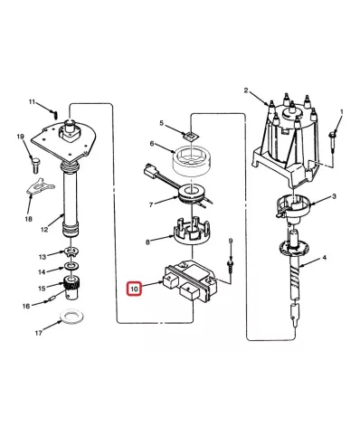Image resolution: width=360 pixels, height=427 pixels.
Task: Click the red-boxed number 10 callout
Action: click(x=134, y=289)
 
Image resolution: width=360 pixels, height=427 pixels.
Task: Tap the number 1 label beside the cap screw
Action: click(x=342, y=112)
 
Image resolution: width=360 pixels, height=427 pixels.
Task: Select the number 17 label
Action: click(x=39, y=333)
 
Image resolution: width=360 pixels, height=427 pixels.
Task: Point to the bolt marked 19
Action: click(x=35, y=165)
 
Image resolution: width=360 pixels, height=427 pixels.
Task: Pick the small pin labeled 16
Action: click(x=51, y=300)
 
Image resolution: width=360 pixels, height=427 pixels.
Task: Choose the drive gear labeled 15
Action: click(x=72, y=288)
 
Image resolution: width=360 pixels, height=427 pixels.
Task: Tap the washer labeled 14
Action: click(x=71, y=266)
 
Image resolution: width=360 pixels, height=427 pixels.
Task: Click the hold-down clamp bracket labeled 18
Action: click(x=40, y=186)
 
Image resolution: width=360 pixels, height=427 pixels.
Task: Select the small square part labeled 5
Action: click(x=190, y=136)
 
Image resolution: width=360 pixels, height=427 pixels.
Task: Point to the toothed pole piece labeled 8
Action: click(x=191, y=232)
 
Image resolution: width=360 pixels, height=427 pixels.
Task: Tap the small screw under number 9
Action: click(x=230, y=267)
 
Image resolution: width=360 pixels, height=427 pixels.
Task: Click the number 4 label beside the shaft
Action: click(x=324, y=258)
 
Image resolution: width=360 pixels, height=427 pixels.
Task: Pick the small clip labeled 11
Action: click(x=55, y=114)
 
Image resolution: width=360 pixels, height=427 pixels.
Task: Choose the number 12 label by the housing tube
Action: click(x=44, y=230)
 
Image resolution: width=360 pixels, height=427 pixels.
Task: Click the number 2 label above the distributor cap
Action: click(x=246, y=90)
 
